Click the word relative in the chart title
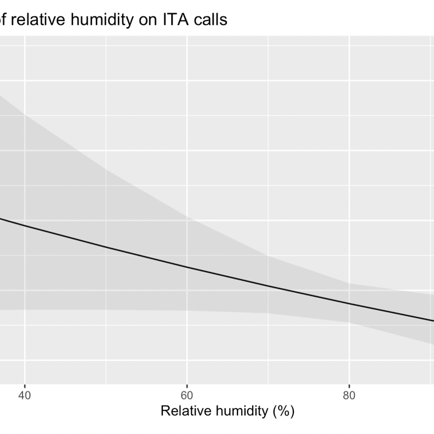click(36, 20)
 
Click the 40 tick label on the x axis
click(25, 395)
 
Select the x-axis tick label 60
click(187, 395)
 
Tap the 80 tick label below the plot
click(349, 395)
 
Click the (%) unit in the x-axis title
click(283, 411)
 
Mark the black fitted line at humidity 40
click(25, 225)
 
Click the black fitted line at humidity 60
click(187, 267)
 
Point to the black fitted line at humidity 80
click(349, 304)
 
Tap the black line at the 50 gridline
click(106, 247)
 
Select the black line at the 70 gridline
click(268, 286)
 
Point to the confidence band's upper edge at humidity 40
click(25, 114)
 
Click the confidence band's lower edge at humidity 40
click(25, 310)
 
